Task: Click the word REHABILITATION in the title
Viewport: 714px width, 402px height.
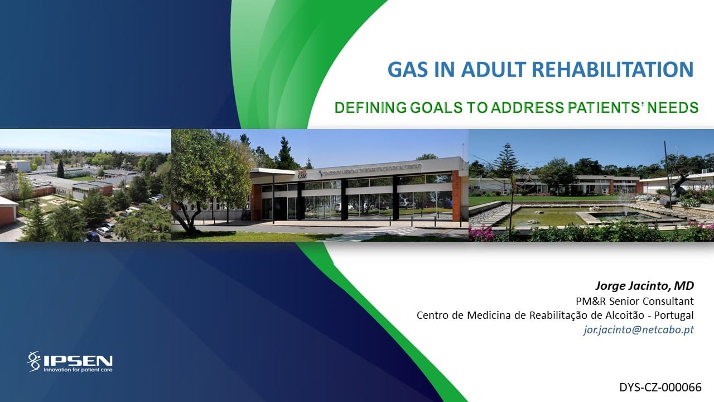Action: pos(612,70)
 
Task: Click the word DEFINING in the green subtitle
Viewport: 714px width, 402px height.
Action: pos(370,108)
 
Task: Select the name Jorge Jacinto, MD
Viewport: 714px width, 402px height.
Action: pos(644,286)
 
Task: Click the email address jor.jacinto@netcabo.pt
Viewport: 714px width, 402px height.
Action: pos(639,329)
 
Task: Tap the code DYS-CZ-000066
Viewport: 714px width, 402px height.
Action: pos(660,387)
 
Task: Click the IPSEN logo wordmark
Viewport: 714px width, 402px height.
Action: pos(78,361)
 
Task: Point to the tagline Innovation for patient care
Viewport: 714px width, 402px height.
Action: pos(78,370)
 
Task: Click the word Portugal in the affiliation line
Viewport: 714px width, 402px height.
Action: pos(674,315)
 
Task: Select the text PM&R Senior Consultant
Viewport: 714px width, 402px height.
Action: pos(635,301)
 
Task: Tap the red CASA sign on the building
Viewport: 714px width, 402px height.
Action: pos(302,174)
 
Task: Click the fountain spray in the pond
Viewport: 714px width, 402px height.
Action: pos(625,200)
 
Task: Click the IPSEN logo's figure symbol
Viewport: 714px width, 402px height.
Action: pos(34,361)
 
